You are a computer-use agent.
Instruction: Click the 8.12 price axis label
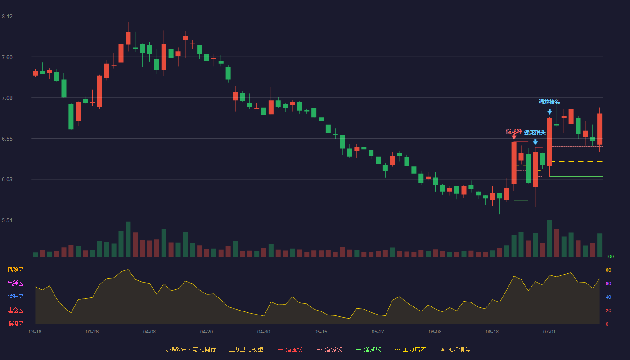pos(7,17)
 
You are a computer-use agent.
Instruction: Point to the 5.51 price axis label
pos(7,220)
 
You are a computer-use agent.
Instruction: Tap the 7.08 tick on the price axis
pos(7,98)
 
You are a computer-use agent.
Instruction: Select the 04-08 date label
pos(149,332)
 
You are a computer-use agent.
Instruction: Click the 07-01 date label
pos(549,332)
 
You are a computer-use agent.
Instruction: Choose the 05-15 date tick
pos(321,332)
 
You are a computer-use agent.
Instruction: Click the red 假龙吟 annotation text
pos(514,131)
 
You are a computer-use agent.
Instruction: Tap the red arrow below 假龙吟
pos(514,137)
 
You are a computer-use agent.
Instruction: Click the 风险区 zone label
pos(15,270)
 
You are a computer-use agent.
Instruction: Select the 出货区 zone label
pos(15,283)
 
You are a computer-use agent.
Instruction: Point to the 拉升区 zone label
pos(15,297)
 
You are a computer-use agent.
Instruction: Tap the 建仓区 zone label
pos(15,310)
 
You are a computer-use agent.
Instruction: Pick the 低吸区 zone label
pos(15,324)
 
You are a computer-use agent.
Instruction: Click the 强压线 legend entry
pos(291,349)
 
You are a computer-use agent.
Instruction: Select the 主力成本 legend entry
pos(410,349)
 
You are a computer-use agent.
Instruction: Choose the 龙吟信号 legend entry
pos(455,349)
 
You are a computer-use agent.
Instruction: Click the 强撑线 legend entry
pos(369,349)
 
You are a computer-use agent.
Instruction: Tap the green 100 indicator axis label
pos(610,256)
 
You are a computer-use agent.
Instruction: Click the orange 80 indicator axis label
pos(608,270)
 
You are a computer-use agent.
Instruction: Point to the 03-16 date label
pos(35,332)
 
